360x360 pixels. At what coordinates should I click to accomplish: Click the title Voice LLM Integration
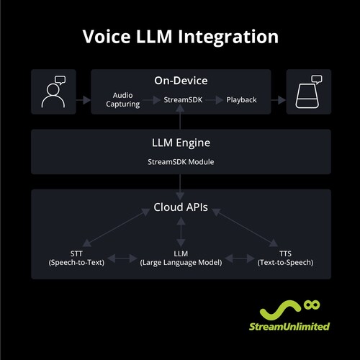[179, 36]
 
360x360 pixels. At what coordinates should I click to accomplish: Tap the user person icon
[53, 91]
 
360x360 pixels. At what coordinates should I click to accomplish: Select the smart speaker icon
[307, 91]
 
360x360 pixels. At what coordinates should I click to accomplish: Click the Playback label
[241, 99]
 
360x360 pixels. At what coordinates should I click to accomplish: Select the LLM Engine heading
[180, 143]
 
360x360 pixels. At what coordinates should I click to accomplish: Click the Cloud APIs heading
[180, 208]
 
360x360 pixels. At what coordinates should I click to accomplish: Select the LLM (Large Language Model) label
[180, 258]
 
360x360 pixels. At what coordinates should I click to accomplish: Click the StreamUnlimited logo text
[294, 325]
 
